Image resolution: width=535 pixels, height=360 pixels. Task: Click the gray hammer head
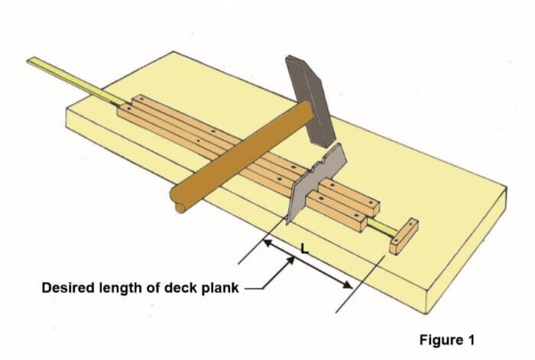click(310, 99)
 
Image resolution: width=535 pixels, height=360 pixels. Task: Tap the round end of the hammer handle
click(180, 205)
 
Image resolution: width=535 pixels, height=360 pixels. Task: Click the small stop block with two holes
click(403, 235)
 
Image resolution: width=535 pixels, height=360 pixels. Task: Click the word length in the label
click(117, 287)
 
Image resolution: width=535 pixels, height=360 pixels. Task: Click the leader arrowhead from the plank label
click(291, 262)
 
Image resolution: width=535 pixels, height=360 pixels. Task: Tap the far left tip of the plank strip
click(30, 60)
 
